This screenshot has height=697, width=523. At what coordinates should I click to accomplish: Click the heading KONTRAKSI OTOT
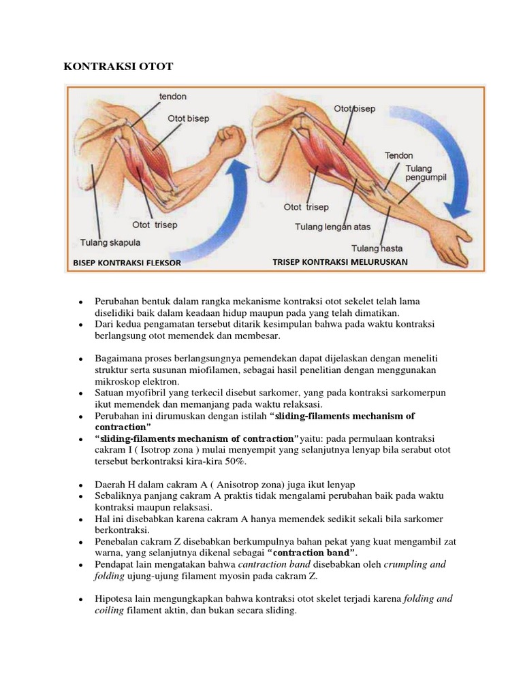(x=118, y=67)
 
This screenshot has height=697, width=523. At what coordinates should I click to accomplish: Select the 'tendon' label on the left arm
(x=173, y=97)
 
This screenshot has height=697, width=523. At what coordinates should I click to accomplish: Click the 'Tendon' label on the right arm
(x=398, y=156)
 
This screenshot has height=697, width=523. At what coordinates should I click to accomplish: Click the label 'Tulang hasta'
(x=374, y=248)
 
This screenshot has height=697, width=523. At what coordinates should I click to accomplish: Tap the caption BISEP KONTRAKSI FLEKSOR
(x=127, y=263)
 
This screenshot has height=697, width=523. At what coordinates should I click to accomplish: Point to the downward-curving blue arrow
(x=458, y=157)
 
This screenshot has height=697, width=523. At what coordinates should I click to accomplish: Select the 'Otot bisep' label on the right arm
(x=354, y=109)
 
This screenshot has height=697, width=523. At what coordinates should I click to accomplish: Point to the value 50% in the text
(x=234, y=461)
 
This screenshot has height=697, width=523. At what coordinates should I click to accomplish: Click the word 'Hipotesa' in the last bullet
(x=115, y=599)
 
